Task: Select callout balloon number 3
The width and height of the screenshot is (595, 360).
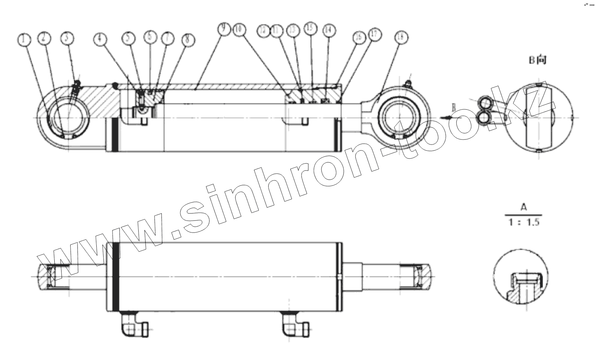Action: click(x=67, y=38)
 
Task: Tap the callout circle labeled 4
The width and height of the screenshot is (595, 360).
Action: click(x=101, y=39)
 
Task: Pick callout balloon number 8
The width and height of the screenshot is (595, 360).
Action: click(x=188, y=40)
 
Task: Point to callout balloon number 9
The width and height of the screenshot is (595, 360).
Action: click(x=224, y=29)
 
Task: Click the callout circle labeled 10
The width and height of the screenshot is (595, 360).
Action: click(x=239, y=30)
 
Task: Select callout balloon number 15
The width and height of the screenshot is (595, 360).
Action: click(x=311, y=29)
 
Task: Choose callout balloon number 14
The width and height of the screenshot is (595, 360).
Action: click(x=328, y=31)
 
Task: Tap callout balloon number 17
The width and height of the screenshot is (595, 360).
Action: click(x=375, y=35)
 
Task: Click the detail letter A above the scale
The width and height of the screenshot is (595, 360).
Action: click(x=523, y=207)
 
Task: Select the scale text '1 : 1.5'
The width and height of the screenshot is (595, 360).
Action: click(x=524, y=222)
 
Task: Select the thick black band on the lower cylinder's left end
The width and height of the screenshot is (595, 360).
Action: click(x=116, y=276)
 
